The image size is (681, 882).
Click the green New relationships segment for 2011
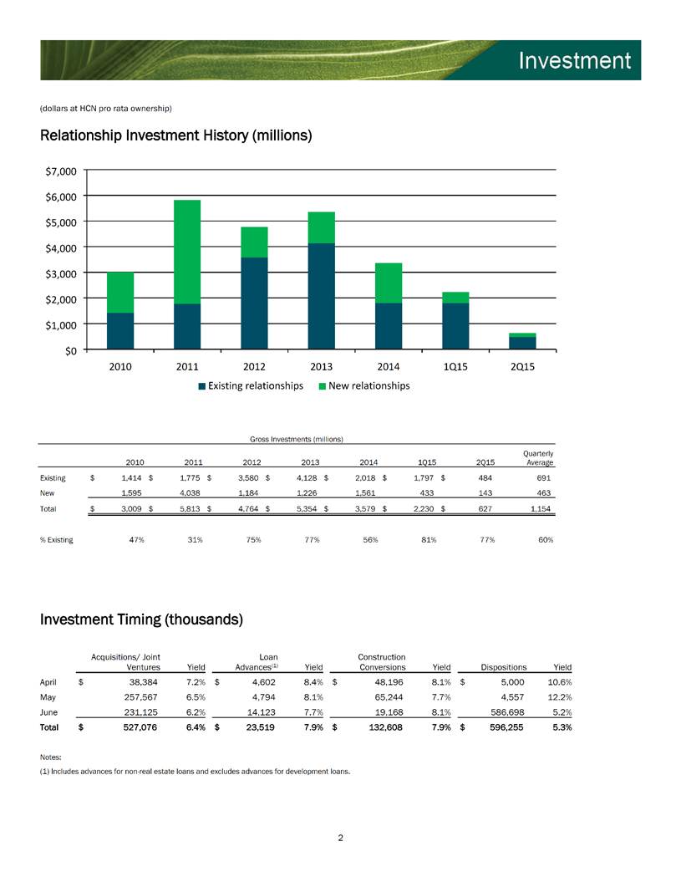click(x=187, y=252)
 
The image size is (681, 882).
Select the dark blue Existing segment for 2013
click(x=322, y=297)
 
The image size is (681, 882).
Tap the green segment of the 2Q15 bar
click(x=522, y=335)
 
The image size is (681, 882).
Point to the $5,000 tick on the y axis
click(x=61, y=222)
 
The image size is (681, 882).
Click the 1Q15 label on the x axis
click(x=455, y=367)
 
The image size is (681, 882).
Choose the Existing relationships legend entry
click(x=251, y=386)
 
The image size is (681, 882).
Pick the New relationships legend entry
click(x=364, y=386)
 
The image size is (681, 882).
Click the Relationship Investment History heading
click(x=176, y=135)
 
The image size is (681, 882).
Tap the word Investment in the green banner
click(x=575, y=61)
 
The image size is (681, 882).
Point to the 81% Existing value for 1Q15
click(x=429, y=539)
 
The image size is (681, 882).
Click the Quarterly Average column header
click(x=539, y=458)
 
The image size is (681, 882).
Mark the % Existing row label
click(x=56, y=539)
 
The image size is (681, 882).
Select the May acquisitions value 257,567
click(x=140, y=697)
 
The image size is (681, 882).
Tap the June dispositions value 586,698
click(x=507, y=712)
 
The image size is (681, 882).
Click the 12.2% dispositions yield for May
click(x=560, y=697)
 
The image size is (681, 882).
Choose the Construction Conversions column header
click(x=382, y=662)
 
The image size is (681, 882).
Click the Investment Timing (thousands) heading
click(x=142, y=619)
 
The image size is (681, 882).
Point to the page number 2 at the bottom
click(x=340, y=838)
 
